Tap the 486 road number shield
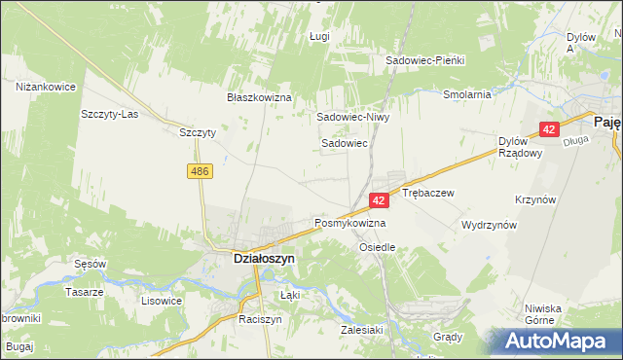pyautogui.click(x=200, y=171)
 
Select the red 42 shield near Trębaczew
pyautogui.click(x=380, y=199)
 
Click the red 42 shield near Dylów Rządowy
pyautogui.click(x=549, y=129)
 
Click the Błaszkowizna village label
pyautogui.click(x=259, y=97)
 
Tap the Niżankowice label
pyautogui.click(x=46, y=87)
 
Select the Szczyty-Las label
pyautogui.click(x=109, y=113)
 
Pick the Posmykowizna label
pyautogui.click(x=349, y=223)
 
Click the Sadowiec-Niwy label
pyautogui.click(x=351, y=116)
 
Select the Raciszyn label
pyautogui.click(x=260, y=319)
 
